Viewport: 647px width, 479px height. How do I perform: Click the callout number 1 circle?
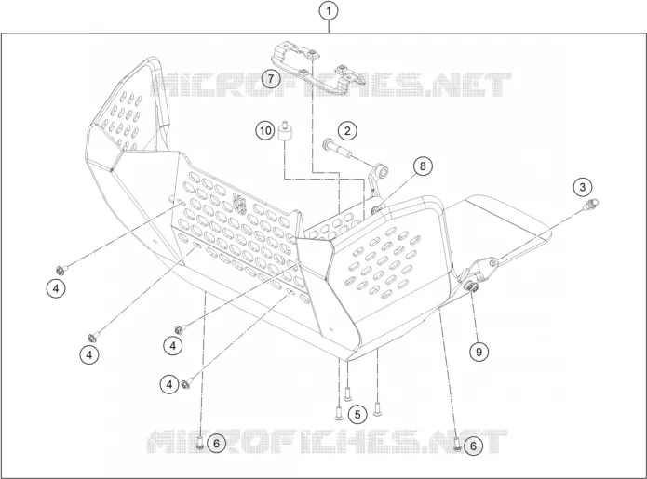click(x=329, y=11)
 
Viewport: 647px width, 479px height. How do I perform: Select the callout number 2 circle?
click(x=347, y=131)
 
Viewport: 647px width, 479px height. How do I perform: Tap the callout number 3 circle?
click(x=582, y=187)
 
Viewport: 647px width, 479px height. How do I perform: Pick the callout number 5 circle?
click(x=357, y=414)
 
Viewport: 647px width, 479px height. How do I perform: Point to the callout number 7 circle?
click(x=270, y=78)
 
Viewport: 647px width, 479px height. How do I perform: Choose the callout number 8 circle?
click(x=423, y=166)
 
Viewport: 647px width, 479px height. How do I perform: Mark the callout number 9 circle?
click(x=479, y=352)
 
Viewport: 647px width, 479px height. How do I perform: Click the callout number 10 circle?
click(x=265, y=130)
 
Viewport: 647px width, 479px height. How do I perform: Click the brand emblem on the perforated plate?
click(x=239, y=204)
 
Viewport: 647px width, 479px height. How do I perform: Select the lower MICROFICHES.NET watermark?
click(x=327, y=442)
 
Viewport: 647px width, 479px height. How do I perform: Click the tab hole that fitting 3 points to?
click(x=492, y=262)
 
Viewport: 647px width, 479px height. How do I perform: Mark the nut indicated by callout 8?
click(x=376, y=210)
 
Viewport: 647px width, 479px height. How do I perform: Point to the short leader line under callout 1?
click(x=329, y=27)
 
